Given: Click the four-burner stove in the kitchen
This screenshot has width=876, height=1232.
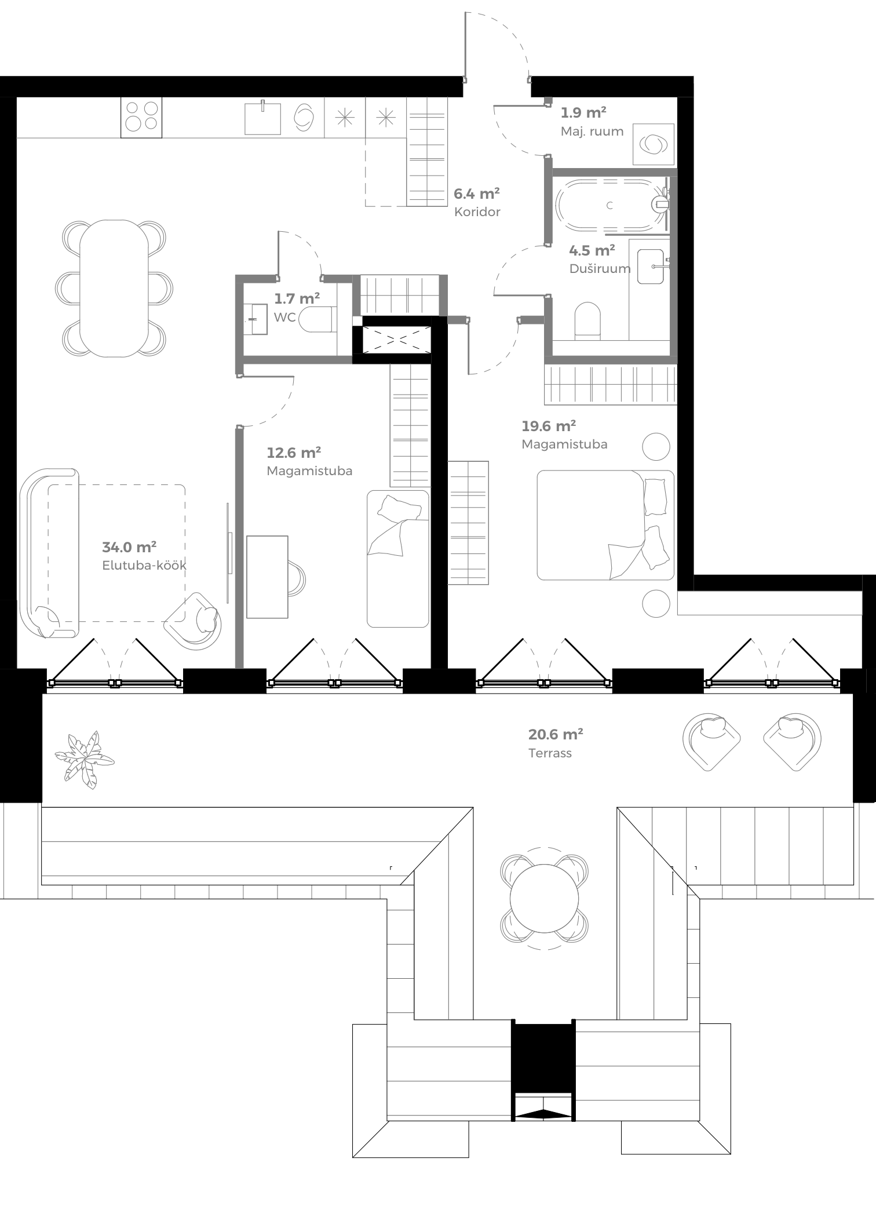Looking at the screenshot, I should click(141, 116).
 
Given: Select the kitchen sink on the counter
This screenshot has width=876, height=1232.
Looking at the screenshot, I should click(262, 118).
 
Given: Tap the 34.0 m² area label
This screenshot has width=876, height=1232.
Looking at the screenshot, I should click(129, 547).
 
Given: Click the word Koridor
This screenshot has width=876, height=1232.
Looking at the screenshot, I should click(477, 212).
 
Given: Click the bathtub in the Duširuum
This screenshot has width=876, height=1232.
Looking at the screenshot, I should click(608, 206).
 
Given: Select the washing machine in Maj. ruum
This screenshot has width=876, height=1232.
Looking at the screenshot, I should click(653, 144).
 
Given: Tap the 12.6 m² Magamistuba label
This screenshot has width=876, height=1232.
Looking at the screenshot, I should click(294, 453).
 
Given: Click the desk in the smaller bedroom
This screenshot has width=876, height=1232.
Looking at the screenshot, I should click(267, 577).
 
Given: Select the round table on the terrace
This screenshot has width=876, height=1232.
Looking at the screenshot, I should click(544, 898).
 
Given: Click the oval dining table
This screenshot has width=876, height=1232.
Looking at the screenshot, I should click(114, 288).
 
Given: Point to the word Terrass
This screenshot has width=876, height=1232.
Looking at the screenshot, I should click(550, 753).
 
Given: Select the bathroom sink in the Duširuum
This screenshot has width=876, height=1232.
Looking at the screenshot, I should click(650, 267).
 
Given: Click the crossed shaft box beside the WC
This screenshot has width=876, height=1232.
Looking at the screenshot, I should click(396, 340).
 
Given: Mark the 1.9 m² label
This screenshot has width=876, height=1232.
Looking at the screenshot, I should click(583, 112).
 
